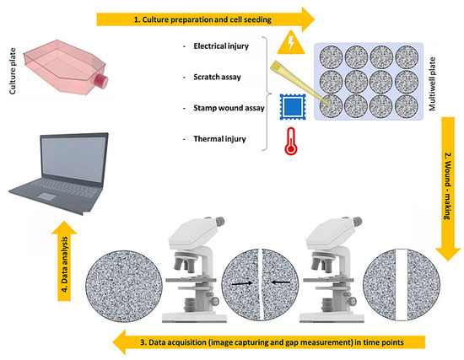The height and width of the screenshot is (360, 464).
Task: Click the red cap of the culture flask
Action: tap(102, 81)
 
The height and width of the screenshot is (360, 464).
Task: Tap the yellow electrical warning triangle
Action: tap(291, 43)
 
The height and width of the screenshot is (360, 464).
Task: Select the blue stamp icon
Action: tap(293, 107)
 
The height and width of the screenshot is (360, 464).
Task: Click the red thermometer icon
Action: tap(291, 142)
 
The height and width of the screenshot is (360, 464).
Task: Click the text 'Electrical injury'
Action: tap(221, 46)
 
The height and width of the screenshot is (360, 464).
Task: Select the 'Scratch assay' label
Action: tap(217, 78)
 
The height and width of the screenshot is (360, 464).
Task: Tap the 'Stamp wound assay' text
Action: tap(229, 108)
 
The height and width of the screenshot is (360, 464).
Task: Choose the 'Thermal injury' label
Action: tap(219, 139)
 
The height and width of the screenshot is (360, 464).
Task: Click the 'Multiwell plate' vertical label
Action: tap(432, 84)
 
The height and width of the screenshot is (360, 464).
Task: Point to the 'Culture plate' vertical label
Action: tap(13, 72)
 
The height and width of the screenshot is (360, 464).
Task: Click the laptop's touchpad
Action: tap(46, 196)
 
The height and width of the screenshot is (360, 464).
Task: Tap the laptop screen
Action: tap(73, 159)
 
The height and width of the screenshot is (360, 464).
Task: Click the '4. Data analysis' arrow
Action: tap(64, 261)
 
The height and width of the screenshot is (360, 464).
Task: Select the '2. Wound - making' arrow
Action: tap(448, 189)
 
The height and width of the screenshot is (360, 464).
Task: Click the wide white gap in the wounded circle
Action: tap(402, 285)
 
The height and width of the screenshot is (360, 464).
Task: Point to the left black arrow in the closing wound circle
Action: tap(242, 283)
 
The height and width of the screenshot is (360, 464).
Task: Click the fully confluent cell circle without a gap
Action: tap(124, 286)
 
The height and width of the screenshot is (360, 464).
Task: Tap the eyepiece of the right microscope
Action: tap(357, 221)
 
